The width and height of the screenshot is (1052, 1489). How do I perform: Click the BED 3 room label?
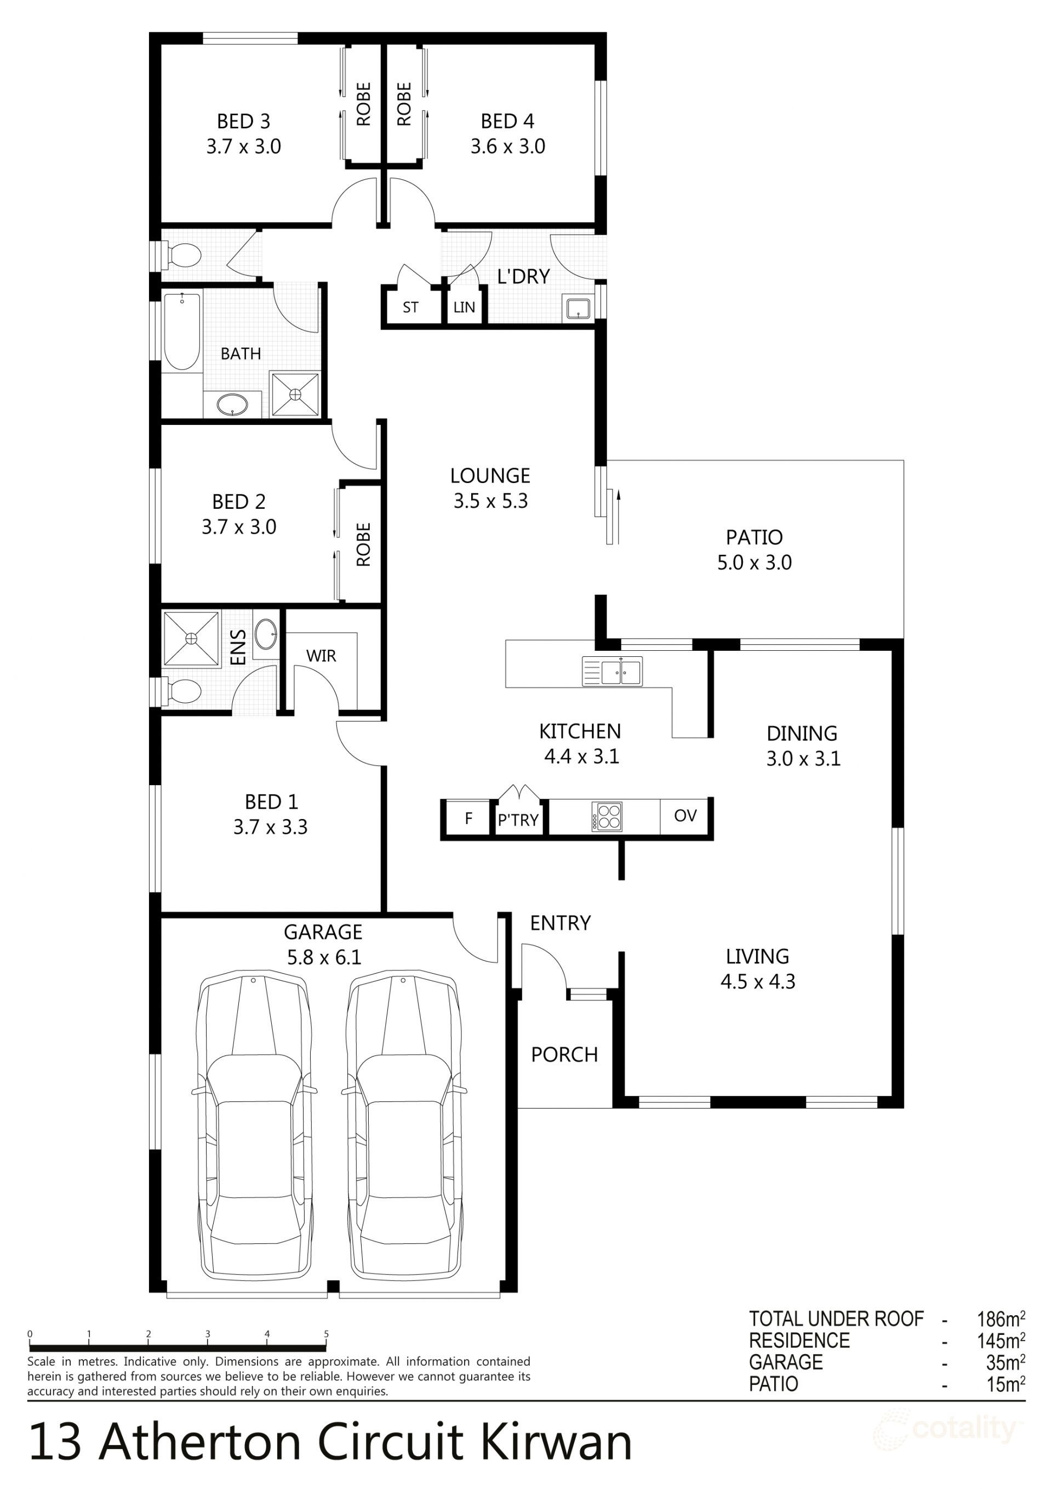(243, 121)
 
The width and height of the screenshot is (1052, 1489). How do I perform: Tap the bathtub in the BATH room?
(181, 331)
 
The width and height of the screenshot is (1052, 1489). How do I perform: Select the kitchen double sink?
(612, 671)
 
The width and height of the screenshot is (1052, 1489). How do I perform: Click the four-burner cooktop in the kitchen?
(607, 816)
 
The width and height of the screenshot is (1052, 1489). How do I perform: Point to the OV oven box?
(685, 816)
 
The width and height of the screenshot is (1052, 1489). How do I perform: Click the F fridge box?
(468, 819)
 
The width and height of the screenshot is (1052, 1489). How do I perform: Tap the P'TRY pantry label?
(518, 820)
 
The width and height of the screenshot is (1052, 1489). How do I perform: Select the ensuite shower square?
(191, 638)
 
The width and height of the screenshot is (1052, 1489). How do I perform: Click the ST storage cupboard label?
(410, 308)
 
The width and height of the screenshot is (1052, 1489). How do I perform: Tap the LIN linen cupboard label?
(464, 308)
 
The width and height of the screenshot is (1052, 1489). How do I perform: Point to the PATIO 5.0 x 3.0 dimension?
(754, 562)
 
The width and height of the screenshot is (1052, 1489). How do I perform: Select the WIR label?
(321, 656)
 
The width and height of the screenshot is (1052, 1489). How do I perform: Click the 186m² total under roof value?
(1000, 1319)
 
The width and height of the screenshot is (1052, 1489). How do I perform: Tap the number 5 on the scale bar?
(326, 1334)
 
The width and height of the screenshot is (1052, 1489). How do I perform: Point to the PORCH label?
(564, 1055)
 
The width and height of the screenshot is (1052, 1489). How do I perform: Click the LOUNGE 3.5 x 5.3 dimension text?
(491, 501)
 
